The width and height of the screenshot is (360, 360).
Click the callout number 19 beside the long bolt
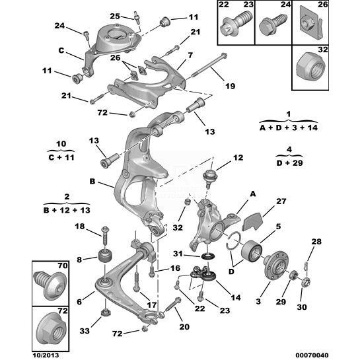click(230, 86)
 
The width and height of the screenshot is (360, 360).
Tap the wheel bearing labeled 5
click(252, 251)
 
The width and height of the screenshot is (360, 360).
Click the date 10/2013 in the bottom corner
click(46, 355)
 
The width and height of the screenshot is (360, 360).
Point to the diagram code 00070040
click(312, 355)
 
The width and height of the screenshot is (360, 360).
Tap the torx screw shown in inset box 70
click(50, 285)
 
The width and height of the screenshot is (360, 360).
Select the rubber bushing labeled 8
click(105, 257)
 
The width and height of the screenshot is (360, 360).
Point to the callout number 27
click(281, 201)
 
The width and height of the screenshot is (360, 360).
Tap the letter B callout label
click(92, 182)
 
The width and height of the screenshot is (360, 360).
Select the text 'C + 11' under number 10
click(61, 157)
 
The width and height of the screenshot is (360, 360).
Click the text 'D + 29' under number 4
click(289, 163)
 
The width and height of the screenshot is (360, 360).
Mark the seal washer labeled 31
click(209, 256)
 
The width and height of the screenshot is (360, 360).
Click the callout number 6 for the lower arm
click(79, 302)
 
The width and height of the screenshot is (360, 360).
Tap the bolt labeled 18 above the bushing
click(106, 235)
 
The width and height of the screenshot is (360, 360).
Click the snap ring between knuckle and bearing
click(233, 242)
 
